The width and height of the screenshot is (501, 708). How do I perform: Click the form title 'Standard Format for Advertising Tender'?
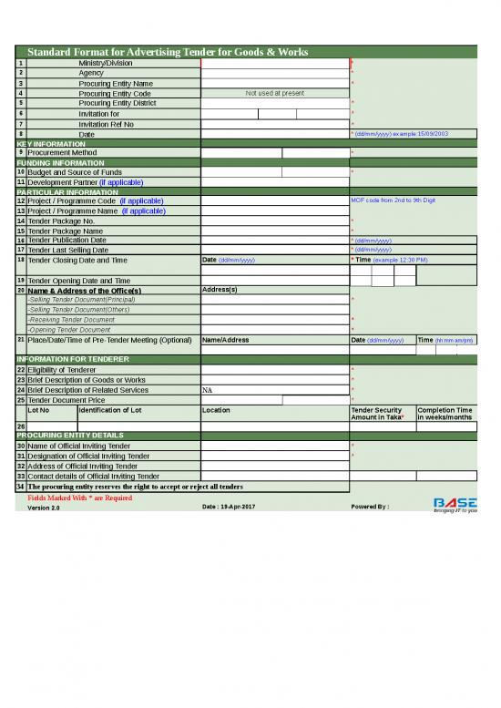(x=168, y=52)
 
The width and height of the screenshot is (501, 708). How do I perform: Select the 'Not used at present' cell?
(x=275, y=93)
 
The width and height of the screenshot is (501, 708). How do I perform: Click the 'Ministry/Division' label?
(x=106, y=63)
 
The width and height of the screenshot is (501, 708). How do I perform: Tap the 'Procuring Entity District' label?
(x=118, y=103)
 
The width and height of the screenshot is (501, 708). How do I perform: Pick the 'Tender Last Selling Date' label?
(x=81, y=250)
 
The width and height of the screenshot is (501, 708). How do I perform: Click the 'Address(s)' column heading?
(x=220, y=290)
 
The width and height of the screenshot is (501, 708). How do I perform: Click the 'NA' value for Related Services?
(x=208, y=390)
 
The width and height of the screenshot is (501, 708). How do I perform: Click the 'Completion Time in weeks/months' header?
(x=445, y=414)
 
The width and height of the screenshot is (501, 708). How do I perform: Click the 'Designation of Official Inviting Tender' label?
(x=89, y=456)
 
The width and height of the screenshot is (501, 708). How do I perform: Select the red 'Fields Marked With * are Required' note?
(x=80, y=498)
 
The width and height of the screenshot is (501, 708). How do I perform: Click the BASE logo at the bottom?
(x=453, y=504)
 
